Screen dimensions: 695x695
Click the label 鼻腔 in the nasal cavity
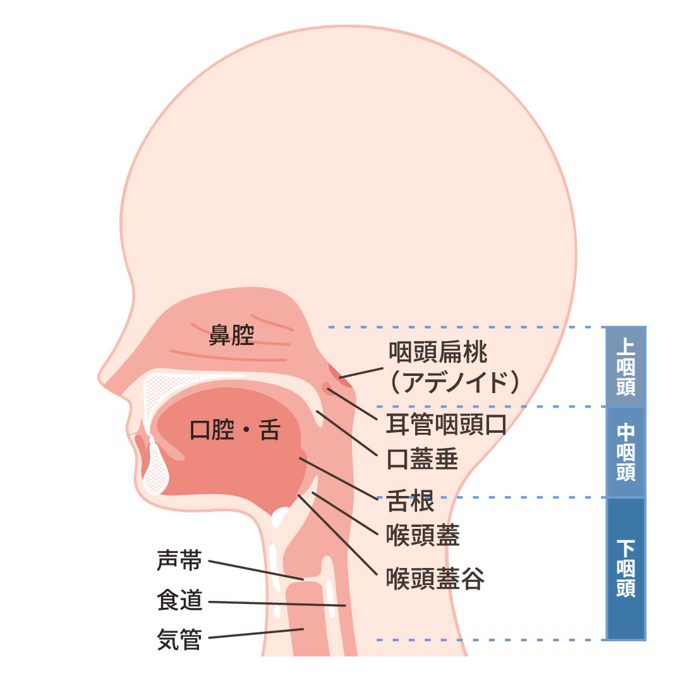pyautogui.click(x=231, y=334)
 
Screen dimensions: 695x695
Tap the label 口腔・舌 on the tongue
pyautogui.click(x=234, y=430)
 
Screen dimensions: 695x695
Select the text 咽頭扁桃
pyautogui.click(x=438, y=352)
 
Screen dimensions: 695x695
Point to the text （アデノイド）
pyautogui.click(x=454, y=382)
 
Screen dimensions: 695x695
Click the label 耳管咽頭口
pyautogui.click(x=446, y=425)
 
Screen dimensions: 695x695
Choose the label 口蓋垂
pyautogui.click(x=422, y=459)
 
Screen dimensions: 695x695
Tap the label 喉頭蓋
pyautogui.click(x=423, y=535)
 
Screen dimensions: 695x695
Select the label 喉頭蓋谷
pyautogui.click(x=435, y=578)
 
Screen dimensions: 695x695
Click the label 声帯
pyautogui.click(x=179, y=560)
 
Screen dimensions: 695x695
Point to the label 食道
pyautogui.click(x=179, y=600)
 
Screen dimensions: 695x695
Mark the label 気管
pyautogui.click(x=179, y=639)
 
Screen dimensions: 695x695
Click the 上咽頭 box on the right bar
pyautogui.click(x=625, y=366)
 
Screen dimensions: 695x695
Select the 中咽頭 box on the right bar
pyautogui.click(x=625, y=452)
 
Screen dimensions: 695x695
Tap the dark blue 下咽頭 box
pyautogui.click(x=625, y=568)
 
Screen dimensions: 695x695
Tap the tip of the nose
pyautogui.click(x=101, y=378)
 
